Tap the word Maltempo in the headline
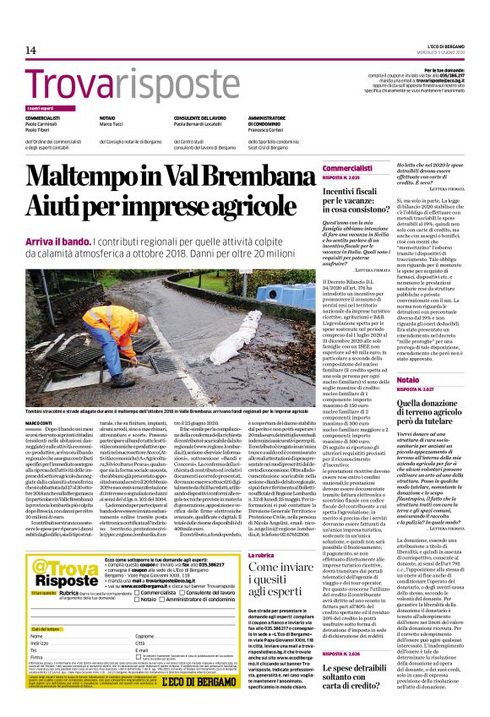[x=82, y=179]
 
